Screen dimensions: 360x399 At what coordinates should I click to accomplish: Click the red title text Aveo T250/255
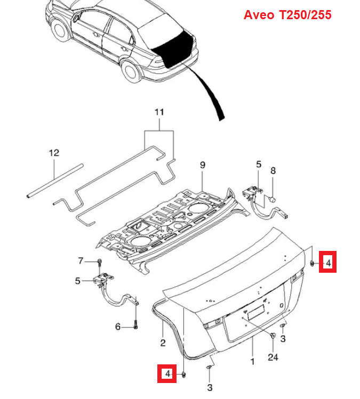pyautogui.click(x=287, y=15)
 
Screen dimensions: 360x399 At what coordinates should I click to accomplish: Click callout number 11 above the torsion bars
pyautogui.click(x=159, y=112)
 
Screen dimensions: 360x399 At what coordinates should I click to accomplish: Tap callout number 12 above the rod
pyautogui.click(x=54, y=153)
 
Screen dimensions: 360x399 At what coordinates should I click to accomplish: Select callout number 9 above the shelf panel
pyautogui.click(x=202, y=165)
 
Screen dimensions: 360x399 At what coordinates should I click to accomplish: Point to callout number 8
pyautogui.click(x=273, y=170)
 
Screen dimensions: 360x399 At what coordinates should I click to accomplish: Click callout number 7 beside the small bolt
pyautogui.click(x=81, y=261)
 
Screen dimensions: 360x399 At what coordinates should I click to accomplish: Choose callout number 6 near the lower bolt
pyautogui.click(x=118, y=327)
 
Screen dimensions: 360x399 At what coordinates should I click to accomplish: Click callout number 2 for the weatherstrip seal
pyautogui.click(x=163, y=343)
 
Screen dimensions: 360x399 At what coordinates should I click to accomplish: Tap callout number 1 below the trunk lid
pyautogui.click(x=252, y=361)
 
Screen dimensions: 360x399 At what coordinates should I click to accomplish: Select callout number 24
pyautogui.click(x=273, y=357)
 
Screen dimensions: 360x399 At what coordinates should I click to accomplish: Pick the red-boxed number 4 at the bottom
pyautogui.click(x=167, y=374)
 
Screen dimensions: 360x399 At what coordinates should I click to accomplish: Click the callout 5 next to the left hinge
pyautogui.click(x=78, y=281)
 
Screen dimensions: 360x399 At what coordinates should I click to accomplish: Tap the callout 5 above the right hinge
pyautogui.click(x=259, y=165)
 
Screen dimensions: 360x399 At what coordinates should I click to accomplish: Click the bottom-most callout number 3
pyautogui.click(x=210, y=388)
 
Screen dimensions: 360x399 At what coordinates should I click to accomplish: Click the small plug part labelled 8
pyautogui.click(x=273, y=199)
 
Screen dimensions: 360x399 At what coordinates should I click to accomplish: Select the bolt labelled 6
pyautogui.click(x=135, y=325)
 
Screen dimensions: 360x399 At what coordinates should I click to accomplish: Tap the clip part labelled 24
pyautogui.click(x=273, y=336)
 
